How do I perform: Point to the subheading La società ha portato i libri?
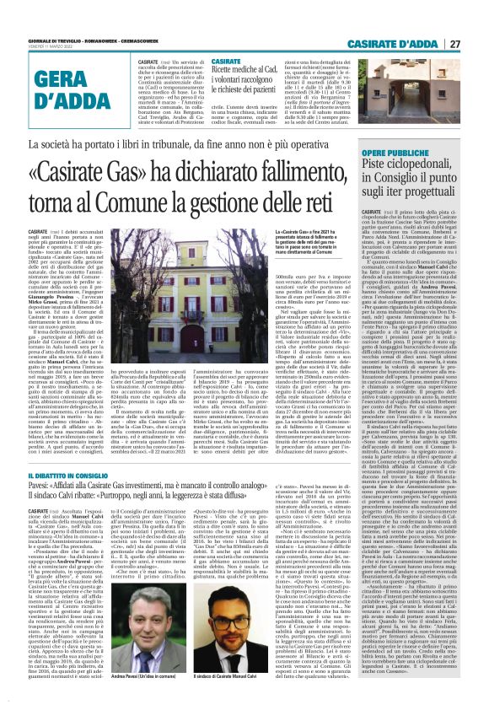point(195,144)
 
